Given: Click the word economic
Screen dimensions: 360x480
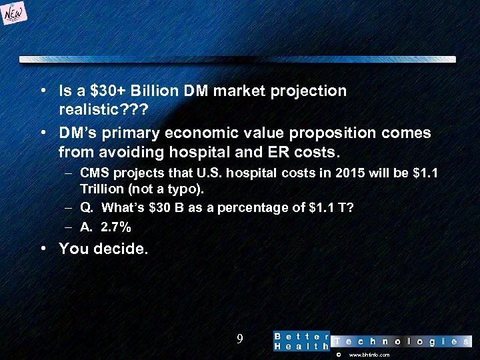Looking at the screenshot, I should click(x=205, y=133).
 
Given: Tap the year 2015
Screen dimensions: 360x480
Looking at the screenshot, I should click(x=351, y=174).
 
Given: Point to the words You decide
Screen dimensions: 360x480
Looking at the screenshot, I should click(x=103, y=249).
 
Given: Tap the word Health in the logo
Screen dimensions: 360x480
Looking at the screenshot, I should click(x=302, y=347).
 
